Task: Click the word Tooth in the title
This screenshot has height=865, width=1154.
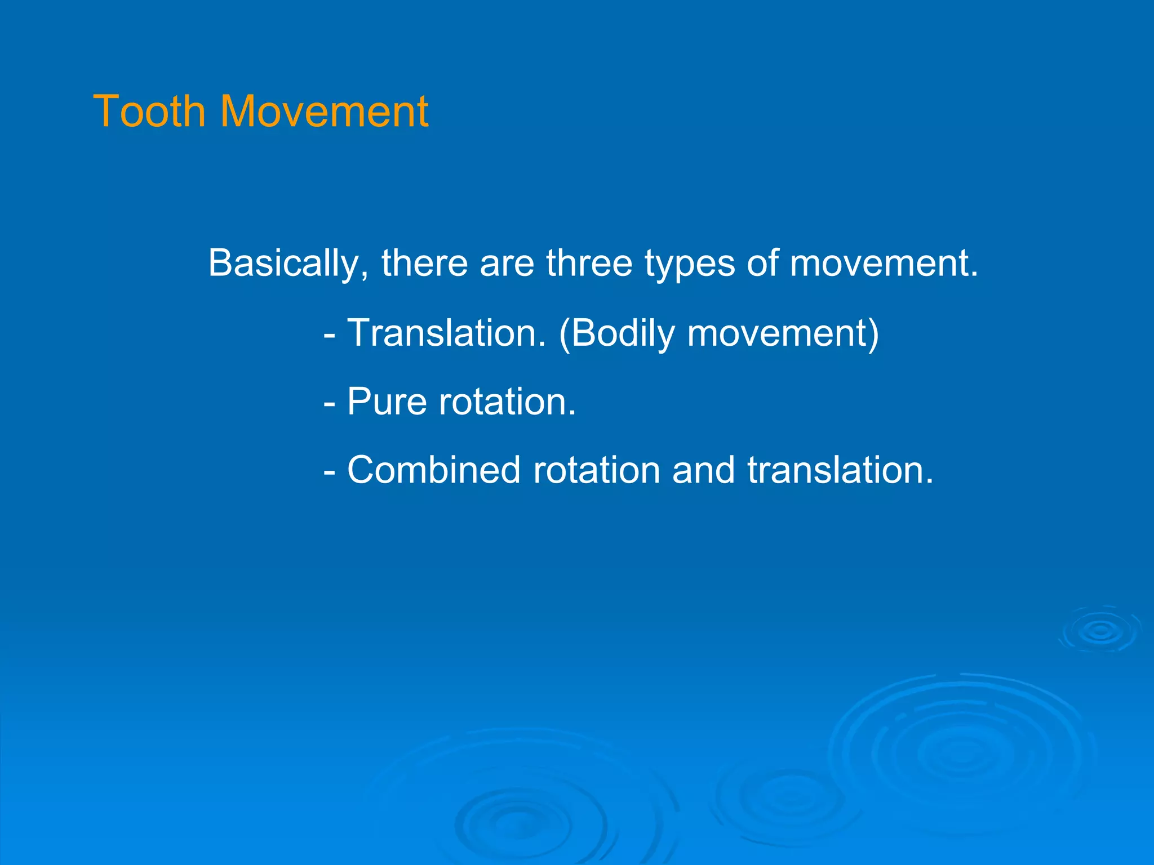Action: pos(149,112)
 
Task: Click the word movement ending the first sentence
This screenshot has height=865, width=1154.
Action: pos(882,263)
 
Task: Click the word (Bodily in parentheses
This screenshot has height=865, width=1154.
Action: pos(616,333)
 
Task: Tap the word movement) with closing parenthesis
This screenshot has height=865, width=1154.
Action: pos(783,333)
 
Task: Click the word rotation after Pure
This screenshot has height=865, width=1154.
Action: pos(507,402)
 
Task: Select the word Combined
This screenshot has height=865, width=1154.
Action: pos(433,470)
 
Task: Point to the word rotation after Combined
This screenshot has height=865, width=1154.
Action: pos(596,470)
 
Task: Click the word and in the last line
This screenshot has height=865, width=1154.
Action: pos(703,470)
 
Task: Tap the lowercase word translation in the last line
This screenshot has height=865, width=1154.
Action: pos(840,470)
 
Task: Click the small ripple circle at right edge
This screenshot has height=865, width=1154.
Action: pos(1100,631)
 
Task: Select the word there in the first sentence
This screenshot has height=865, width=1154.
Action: pos(424,263)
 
